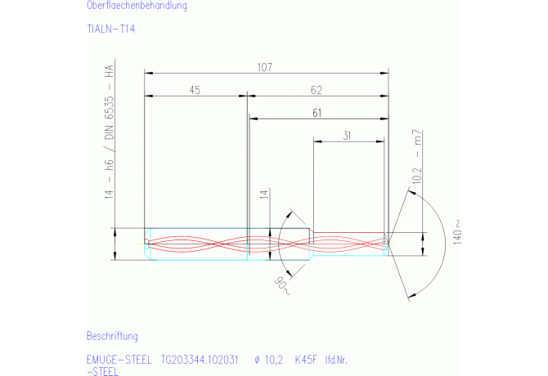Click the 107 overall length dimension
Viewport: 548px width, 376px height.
264,67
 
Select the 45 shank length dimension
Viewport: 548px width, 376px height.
195,90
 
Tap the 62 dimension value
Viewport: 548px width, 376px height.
317,90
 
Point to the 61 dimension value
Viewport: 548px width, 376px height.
317,113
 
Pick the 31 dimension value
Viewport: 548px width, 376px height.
347,136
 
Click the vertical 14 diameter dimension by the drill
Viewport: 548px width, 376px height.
264,194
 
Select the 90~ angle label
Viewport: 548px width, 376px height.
282,286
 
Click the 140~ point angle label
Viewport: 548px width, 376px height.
457,232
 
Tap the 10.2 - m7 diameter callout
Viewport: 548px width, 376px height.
417,157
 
